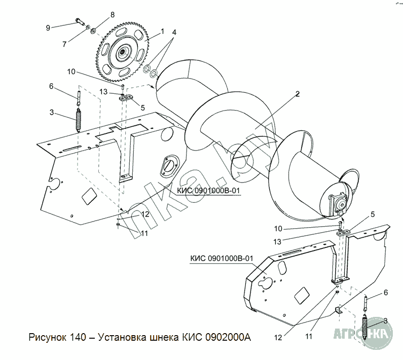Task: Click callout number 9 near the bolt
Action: click(48, 28)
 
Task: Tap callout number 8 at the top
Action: click(113, 15)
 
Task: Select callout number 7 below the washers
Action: click(64, 44)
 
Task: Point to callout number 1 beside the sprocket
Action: click(162, 31)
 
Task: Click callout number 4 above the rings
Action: click(174, 32)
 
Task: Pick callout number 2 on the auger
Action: click(298, 94)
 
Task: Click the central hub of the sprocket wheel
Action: click(122, 53)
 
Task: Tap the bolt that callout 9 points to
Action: click(80, 22)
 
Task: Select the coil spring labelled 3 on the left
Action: click(78, 120)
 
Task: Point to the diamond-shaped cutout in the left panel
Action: click(89, 196)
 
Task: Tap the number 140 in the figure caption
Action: click(78, 337)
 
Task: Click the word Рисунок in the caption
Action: click(48, 338)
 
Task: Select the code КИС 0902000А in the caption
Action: click(216, 337)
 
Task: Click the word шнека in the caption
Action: click(164, 338)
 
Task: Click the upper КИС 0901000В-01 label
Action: click(208, 191)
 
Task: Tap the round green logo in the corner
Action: click(377, 333)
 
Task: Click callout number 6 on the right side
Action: click(386, 293)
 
